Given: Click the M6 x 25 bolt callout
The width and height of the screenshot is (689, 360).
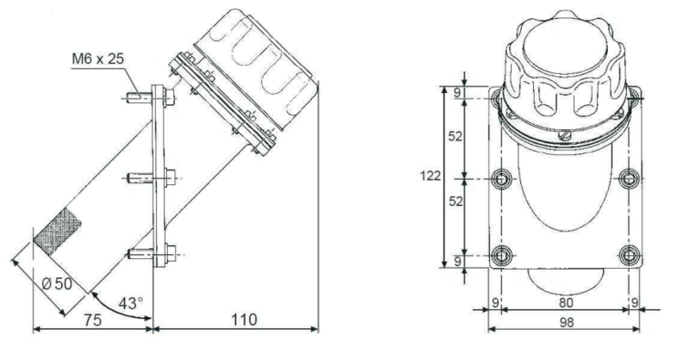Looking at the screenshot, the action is (x=98, y=59).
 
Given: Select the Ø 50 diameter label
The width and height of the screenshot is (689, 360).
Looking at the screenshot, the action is (x=58, y=283).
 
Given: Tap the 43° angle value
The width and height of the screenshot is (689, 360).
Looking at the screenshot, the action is (x=131, y=303).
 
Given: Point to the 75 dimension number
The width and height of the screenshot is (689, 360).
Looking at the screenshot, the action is (x=92, y=320).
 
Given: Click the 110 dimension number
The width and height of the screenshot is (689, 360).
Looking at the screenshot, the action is (x=244, y=320).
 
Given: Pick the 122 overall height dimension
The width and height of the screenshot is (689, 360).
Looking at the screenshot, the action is (x=430, y=176).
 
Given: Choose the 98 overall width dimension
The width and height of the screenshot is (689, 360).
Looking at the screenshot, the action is (x=567, y=322).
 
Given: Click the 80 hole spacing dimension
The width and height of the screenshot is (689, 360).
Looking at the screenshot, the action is (x=566, y=302).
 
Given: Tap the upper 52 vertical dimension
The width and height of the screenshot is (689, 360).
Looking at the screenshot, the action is (x=456, y=137).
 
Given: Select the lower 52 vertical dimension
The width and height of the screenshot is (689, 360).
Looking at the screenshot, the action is (x=456, y=202).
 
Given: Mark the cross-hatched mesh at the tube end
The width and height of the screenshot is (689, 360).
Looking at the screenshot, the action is (x=58, y=232).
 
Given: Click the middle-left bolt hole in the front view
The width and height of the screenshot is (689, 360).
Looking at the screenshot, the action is (x=500, y=179).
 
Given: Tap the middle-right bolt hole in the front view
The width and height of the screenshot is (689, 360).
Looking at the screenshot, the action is (x=630, y=179).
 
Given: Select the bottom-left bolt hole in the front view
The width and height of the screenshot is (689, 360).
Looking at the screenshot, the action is (x=500, y=255).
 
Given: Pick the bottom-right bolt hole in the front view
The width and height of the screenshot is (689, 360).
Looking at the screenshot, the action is (x=630, y=255).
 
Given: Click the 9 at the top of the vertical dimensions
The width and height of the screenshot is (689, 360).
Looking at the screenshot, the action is (x=457, y=93).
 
